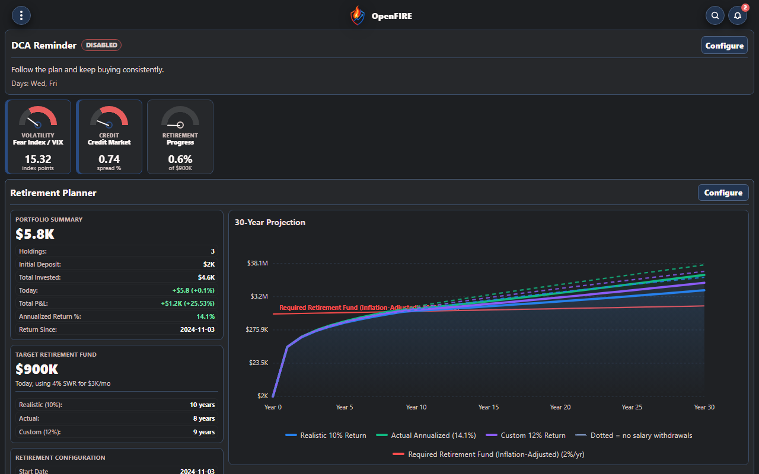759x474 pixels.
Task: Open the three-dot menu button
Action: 21,15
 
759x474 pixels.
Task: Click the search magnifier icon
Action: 715,15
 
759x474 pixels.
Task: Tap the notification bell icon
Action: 737,15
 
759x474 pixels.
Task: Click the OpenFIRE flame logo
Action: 358,15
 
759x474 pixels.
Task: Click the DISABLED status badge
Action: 101,45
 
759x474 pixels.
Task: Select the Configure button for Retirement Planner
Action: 723,193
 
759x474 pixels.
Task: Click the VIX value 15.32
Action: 38,159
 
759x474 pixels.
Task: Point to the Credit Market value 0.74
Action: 109,159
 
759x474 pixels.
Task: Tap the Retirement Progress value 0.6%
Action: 180,159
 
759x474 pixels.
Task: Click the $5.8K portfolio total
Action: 35,234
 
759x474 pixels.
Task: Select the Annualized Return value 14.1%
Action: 206,316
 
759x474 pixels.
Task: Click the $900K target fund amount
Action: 37,369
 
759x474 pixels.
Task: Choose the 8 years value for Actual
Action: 204,418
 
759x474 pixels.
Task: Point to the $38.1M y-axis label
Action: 257,263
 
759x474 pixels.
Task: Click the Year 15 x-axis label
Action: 488,407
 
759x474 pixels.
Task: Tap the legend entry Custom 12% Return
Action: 525,435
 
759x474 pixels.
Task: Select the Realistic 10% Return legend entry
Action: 326,435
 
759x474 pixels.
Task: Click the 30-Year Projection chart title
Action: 270,222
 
